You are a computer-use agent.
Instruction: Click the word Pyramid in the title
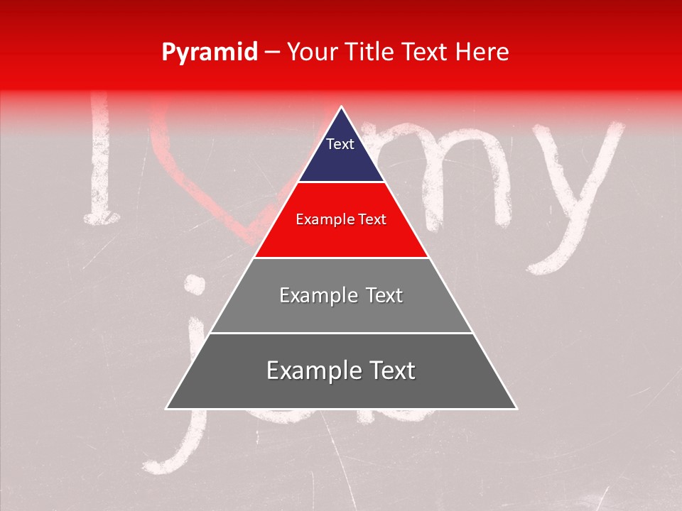[x=210, y=52]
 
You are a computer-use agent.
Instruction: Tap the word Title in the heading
[x=372, y=52]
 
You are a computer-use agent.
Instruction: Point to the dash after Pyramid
[x=271, y=53]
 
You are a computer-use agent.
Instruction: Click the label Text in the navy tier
[x=340, y=144]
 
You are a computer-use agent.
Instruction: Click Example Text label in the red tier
[x=341, y=219]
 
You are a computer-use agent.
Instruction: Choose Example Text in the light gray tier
[x=341, y=295]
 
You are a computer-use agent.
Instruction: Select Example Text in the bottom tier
[x=341, y=370]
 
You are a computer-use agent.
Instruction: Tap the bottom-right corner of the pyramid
[x=516, y=408]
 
